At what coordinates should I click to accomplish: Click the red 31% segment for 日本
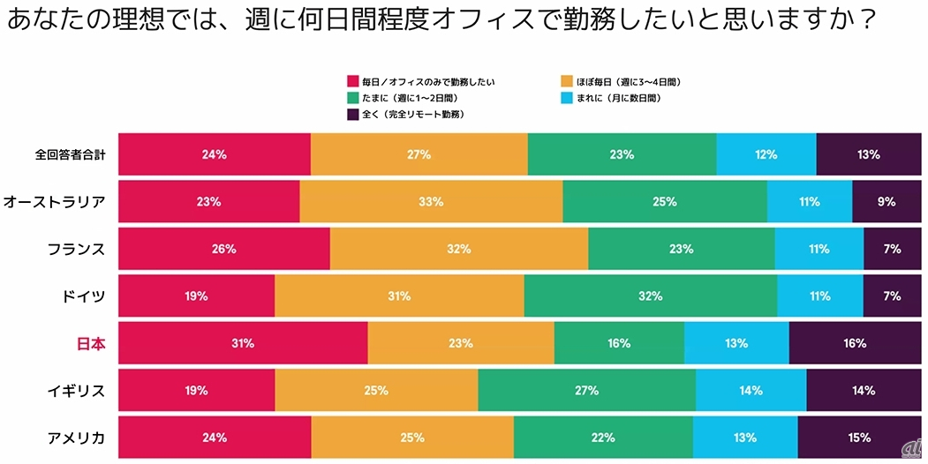(x=243, y=343)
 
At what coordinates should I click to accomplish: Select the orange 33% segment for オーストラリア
(x=431, y=202)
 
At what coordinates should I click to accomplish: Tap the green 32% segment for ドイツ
(x=650, y=296)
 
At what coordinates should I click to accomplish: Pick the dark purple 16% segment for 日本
(x=855, y=343)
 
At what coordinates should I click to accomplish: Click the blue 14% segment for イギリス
(x=751, y=390)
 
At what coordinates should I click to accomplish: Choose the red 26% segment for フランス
(x=224, y=249)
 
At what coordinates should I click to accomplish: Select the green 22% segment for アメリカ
(x=603, y=437)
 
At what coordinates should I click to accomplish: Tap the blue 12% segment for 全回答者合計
(x=766, y=154)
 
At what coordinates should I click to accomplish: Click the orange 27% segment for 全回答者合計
(x=419, y=154)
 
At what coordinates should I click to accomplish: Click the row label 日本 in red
(x=91, y=343)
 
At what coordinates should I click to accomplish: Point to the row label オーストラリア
(x=55, y=202)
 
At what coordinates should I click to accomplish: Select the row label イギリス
(x=76, y=390)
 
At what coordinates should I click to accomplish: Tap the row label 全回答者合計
(x=71, y=154)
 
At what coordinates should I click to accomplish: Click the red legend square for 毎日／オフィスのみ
(x=353, y=81)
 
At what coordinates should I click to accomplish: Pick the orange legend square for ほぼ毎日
(x=567, y=81)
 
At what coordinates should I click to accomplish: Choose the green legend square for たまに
(x=353, y=98)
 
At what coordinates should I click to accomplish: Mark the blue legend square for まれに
(x=567, y=98)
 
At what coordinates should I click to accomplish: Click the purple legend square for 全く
(x=353, y=115)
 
